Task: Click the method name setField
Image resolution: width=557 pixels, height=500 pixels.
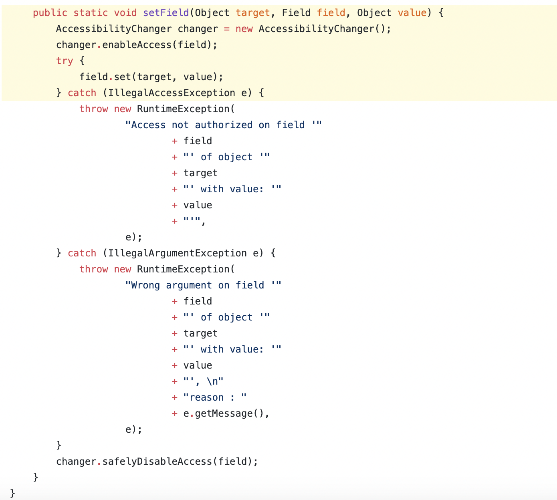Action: click(x=166, y=13)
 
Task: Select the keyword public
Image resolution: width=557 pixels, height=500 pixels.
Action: click(x=50, y=13)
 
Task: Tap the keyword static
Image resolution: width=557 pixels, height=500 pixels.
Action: click(x=91, y=13)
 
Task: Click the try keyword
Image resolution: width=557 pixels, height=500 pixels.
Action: click(x=65, y=61)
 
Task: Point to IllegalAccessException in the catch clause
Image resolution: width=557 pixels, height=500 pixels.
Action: click(x=172, y=93)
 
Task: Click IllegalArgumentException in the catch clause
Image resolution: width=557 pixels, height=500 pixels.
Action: click(x=178, y=253)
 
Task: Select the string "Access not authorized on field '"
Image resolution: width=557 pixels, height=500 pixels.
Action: click(x=224, y=125)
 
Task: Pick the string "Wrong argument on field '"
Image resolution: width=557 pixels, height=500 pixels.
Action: click(x=204, y=285)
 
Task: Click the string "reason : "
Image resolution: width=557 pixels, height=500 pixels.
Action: click(x=215, y=397)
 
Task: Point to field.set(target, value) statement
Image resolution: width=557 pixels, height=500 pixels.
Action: click(x=151, y=77)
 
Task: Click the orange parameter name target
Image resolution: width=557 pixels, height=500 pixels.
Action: click(x=253, y=13)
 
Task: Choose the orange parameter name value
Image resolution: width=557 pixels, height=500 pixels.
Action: click(x=412, y=13)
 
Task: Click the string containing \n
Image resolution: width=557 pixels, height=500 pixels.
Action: click(x=204, y=381)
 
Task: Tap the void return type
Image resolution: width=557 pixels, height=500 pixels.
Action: click(x=125, y=13)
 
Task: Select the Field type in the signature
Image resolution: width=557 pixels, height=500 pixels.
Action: click(x=296, y=13)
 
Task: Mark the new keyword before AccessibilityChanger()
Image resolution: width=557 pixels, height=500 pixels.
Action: click(x=244, y=29)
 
